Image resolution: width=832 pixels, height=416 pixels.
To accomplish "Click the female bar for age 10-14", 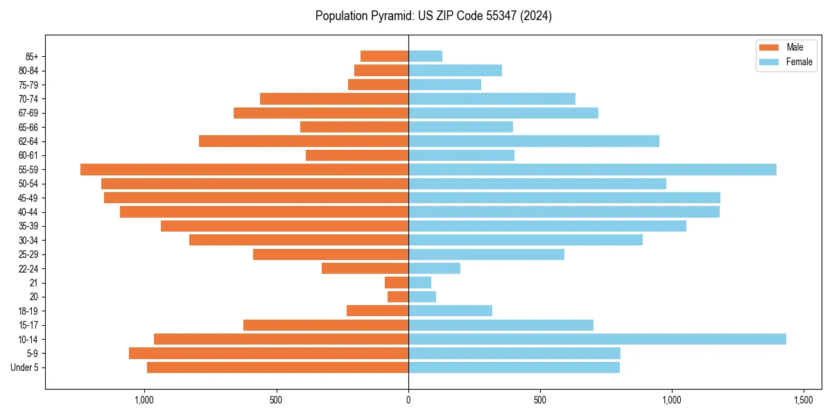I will click(597, 339).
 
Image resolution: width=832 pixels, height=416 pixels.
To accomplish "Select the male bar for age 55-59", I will click(244, 169).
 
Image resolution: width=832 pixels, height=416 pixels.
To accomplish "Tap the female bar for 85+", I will click(425, 56).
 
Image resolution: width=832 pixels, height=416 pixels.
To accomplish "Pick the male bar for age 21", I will click(397, 282).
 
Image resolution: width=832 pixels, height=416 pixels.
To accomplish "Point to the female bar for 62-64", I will click(534, 141).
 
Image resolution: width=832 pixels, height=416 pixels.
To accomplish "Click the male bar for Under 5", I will click(277, 367).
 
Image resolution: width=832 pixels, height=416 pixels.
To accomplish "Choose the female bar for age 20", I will click(422, 297).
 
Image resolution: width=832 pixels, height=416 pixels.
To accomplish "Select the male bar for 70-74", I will click(334, 98).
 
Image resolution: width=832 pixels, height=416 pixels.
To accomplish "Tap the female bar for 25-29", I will click(486, 254).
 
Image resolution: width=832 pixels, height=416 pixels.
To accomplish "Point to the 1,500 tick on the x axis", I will click(804, 400).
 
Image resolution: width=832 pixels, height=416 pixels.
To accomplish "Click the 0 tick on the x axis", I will click(408, 400).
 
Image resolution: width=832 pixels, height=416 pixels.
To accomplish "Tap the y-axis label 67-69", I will click(28, 113).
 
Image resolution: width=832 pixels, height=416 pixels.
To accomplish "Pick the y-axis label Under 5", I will click(25, 367).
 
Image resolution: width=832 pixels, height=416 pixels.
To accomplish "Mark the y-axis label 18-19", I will click(28, 311).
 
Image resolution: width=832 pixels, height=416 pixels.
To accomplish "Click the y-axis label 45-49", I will click(28, 198).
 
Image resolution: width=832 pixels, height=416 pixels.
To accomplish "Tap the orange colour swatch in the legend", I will click(770, 47).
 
